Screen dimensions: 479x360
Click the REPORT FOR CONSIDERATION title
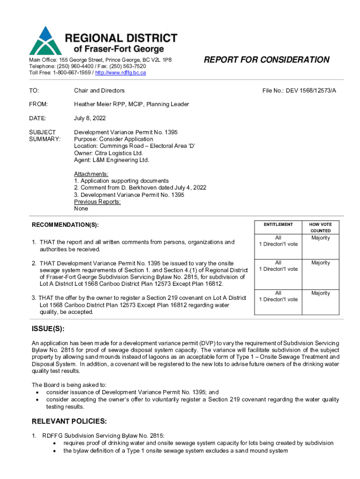pos(266,59)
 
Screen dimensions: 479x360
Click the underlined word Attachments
pos(91,174)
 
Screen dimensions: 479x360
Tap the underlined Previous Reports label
pos(97,202)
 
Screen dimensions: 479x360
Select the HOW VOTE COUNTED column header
pos(320,228)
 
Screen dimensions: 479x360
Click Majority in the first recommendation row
pos(320,238)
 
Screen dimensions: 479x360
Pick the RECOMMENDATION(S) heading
pos(65,225)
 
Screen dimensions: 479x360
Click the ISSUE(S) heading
pos(48,329)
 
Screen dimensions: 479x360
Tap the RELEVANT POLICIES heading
pos(69,421)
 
